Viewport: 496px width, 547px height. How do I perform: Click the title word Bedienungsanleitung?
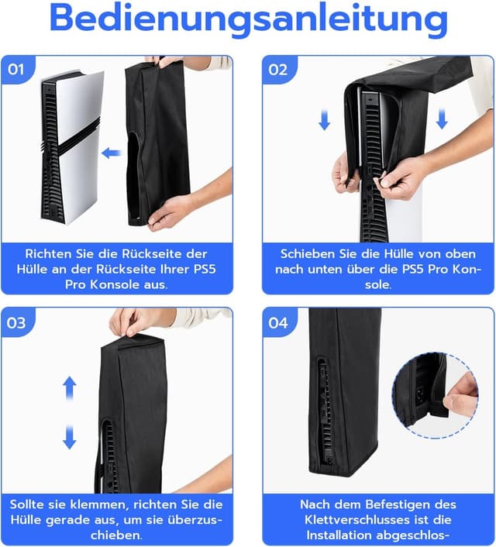tap(248, 20)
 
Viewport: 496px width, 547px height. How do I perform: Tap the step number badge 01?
tap(16, 69)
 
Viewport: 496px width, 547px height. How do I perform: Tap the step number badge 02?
tap(278, 69)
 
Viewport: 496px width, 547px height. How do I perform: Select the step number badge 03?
tap(16, 322)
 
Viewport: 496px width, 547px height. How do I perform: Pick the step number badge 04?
tap(278, 322)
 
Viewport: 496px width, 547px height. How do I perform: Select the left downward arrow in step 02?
tap(325, 119)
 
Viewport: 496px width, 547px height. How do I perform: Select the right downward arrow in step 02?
tap(443, 119)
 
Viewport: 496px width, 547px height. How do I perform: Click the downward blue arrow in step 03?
tap(70, 435)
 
